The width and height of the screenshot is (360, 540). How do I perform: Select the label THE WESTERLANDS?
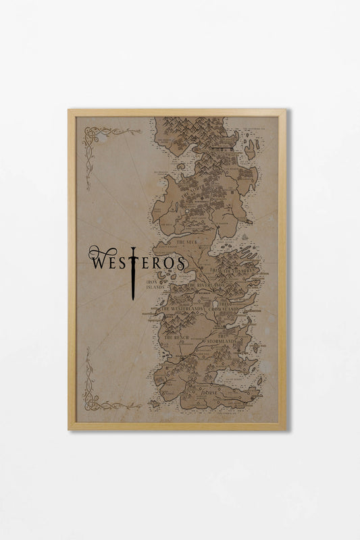(x=182, y=308)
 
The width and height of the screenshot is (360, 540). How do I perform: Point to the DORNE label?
(x=210, y=391)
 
